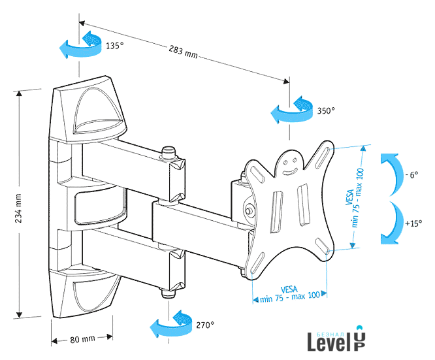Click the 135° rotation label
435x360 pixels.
114,46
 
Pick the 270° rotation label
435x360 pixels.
204,324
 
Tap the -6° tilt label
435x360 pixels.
411,175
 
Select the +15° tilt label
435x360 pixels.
413,223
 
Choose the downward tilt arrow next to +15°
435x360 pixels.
391,222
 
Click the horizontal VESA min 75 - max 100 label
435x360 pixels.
290,293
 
